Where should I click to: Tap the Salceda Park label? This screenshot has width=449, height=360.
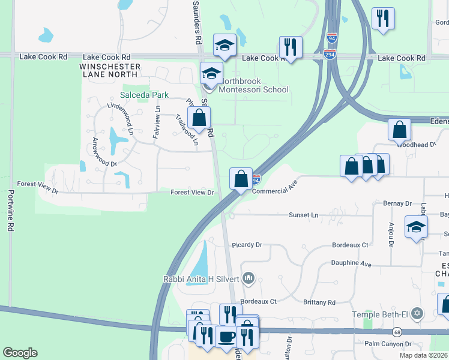pos(144,95)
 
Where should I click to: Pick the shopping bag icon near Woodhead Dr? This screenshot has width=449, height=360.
pos(399,129)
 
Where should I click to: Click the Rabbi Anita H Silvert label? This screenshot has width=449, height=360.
pos(201,278)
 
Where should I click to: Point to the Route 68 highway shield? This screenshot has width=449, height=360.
pos(397,332)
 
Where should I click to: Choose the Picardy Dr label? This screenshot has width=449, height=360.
pos(247,245)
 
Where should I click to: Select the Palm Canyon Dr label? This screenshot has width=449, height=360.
pos(388,344)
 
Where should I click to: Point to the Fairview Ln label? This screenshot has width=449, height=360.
pos(157,122)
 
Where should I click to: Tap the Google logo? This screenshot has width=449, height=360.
pos(20,353)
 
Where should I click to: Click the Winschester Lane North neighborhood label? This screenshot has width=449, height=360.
pos(111,71)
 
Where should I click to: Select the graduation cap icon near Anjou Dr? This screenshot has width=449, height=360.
pos(416,226)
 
